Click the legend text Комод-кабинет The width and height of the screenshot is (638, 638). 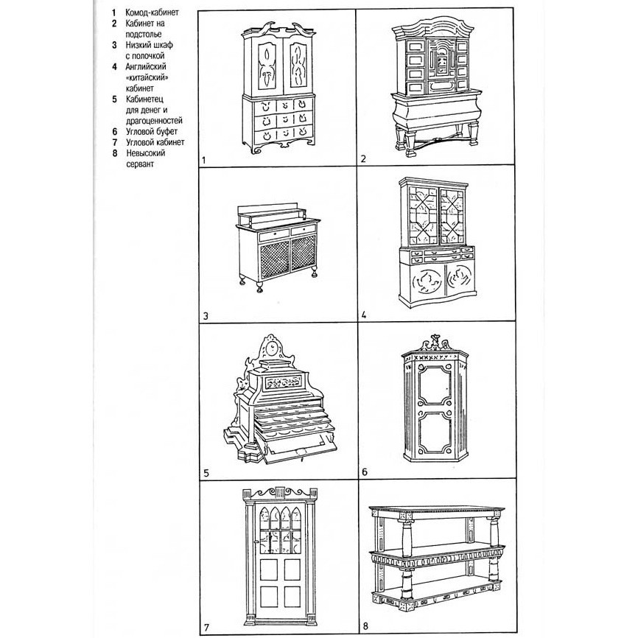(x=153, y=13)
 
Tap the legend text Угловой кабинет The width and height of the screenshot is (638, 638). (x=155, y=142)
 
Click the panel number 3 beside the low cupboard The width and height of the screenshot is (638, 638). (x=206, y=318)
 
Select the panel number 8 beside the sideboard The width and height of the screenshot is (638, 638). (x=365, y=627)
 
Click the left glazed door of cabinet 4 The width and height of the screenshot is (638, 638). (x=419, y=215)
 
